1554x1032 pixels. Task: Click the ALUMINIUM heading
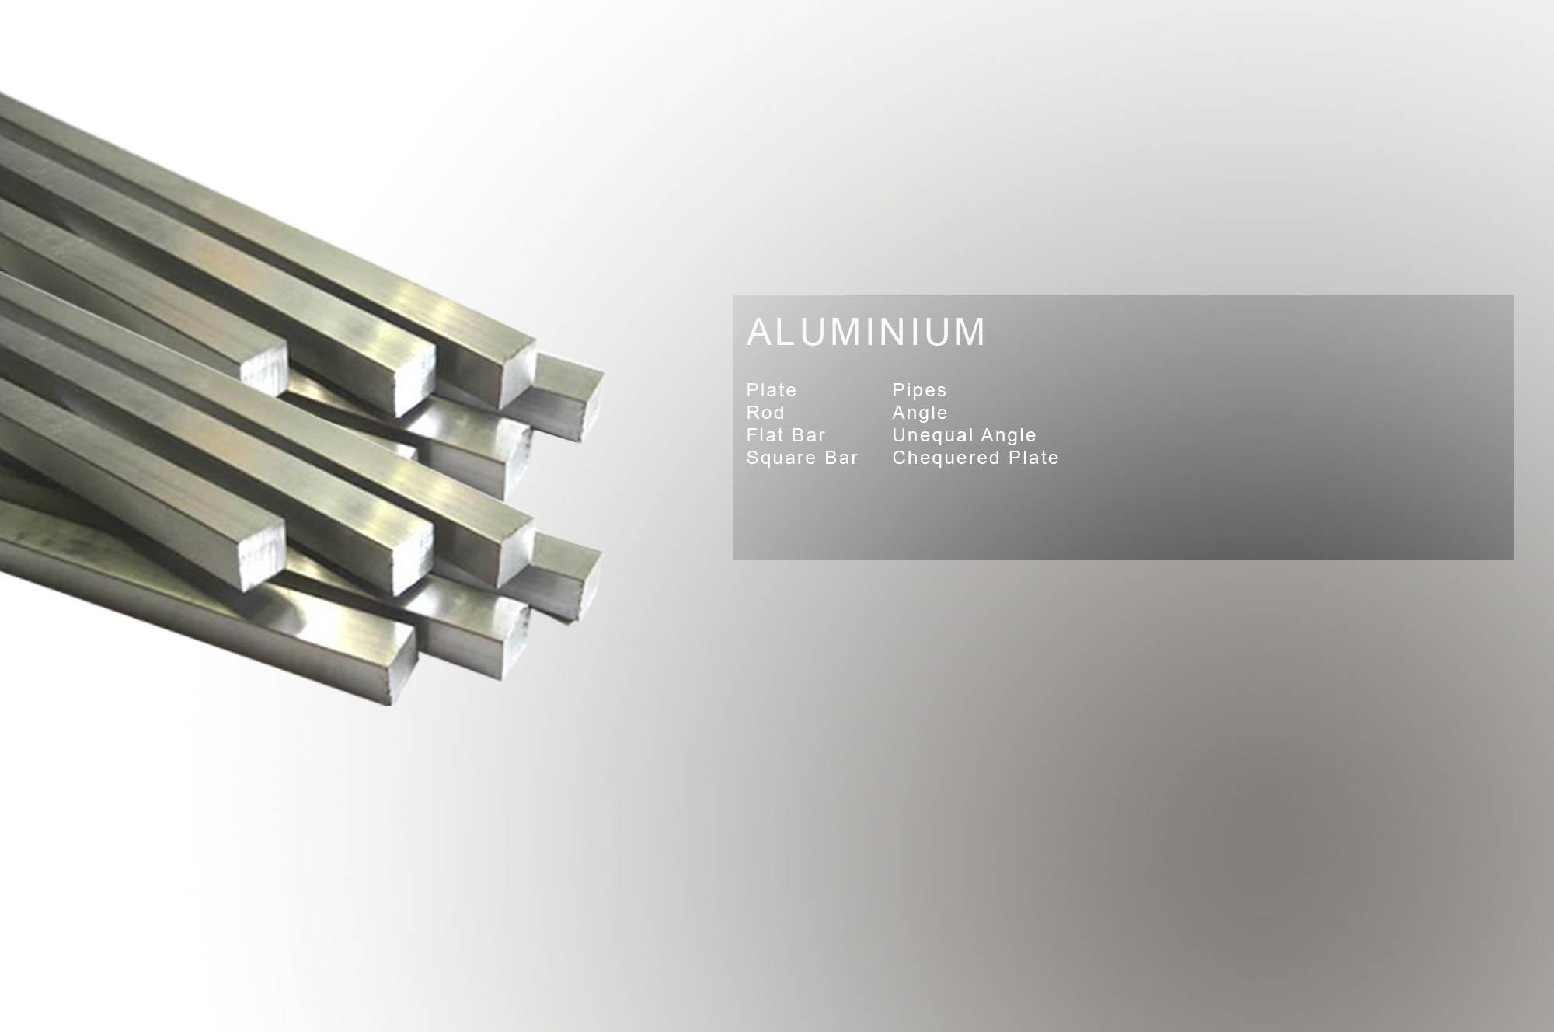coord(866,332)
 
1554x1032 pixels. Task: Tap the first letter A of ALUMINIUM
coord(760,332)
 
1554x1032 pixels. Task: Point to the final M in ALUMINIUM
coord(969,332)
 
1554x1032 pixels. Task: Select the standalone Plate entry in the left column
coord(772,390)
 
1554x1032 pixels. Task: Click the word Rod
coord(765,413)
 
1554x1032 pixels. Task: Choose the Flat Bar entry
coord(786,435)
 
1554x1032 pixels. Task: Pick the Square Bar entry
coord(802,458)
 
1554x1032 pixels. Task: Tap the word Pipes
coord(919,390)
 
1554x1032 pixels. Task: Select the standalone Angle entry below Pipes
coord(920,413)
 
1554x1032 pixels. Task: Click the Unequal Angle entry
coord(964,435)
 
